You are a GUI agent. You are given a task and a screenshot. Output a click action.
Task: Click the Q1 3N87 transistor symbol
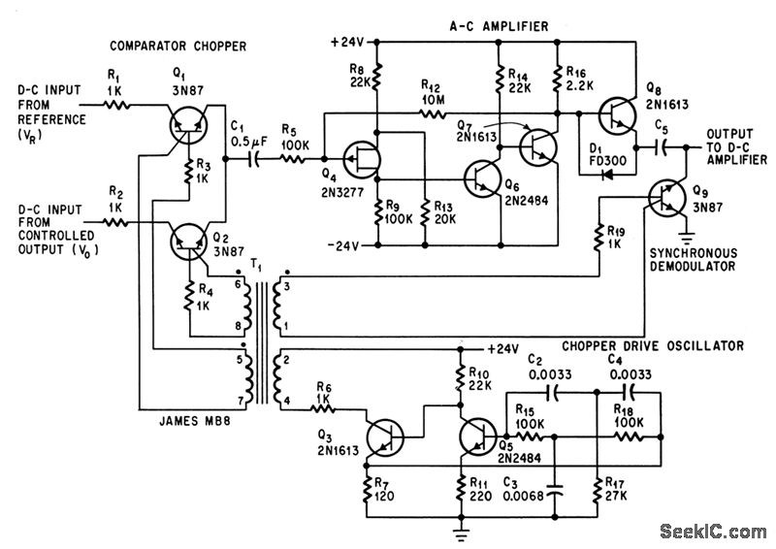click(x=188, y=125)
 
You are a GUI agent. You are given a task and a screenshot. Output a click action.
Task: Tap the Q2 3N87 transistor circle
click(x=188, y=242)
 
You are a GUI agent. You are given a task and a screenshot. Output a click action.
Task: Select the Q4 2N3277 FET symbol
click(x=362, y=159)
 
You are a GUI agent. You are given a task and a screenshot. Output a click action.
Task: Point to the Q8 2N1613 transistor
click(x=617, y=115)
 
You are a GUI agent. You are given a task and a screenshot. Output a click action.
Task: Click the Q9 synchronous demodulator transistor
click(x=666, y=198)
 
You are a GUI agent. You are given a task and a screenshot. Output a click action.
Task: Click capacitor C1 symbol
click(x=253, y=159)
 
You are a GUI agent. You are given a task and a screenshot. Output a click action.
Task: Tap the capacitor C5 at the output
click(x=662, y=147)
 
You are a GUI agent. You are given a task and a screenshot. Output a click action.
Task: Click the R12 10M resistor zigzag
click(x=434, y=113)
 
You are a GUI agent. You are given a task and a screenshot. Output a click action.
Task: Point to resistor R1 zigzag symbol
click(x=116, y=105)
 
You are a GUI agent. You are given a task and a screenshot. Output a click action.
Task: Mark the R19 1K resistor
click(x=599, y=237)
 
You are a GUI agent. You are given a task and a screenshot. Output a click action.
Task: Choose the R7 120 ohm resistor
click(x=367, y=490)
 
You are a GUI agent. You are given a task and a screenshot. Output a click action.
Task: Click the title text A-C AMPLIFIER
click(x=499, y=26)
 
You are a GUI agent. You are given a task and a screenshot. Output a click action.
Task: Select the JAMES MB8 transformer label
click(x=195, y=421)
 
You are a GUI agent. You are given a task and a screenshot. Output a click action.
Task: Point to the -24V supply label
click(x=343, y=245)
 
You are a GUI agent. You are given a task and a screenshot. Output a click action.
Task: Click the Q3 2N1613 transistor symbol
click(x=385, y=437)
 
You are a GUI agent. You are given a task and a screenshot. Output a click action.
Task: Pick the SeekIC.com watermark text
click(x=713, y=532)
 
